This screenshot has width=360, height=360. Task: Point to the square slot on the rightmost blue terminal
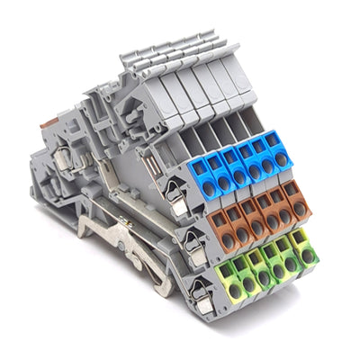(x=274, y=144)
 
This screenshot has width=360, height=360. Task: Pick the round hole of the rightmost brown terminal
(x=295, y=204)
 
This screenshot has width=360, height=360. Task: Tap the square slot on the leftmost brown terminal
(x=213, y=220)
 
